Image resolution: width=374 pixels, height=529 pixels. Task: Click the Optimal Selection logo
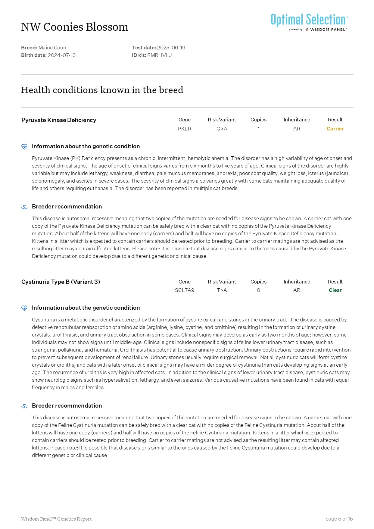click(x=309, y=22)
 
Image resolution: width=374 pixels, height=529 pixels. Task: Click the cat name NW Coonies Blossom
click(x=75, y=27)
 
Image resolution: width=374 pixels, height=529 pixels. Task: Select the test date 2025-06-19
click(x=171, y=48)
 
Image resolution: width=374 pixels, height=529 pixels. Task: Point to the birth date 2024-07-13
click(x=62, y=55)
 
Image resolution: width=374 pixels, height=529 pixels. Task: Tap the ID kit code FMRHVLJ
click(x=159, y=55)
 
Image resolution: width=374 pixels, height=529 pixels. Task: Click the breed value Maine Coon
click(x=52, y=48)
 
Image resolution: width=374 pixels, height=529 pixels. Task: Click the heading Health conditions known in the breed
click(x=102, y=90)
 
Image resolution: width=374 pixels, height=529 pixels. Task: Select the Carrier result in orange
click(x=335, y=129)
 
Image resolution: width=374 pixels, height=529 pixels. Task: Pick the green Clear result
click(x=335, y=290)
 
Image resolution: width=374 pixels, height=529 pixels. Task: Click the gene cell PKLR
click(x=185, y=129)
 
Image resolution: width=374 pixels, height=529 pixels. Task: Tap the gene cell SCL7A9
click(x=185, y=290)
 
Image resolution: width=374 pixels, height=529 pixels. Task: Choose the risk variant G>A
click(x=222, y=129)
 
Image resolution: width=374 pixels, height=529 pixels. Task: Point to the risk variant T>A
click(x=222, y=290)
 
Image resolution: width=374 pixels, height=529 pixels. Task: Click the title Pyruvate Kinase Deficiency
click(x=59, y=120)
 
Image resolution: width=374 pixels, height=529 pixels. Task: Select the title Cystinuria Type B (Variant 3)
click(x=61, y=282)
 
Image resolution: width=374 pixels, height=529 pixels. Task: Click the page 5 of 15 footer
click(x=339, y=519)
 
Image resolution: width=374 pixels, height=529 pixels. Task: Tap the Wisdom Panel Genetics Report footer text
click(x=56, y=519)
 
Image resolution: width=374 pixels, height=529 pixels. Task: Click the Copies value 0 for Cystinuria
click(x=258, y=290)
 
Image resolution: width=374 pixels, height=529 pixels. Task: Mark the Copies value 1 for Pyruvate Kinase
click(x=258, y=129)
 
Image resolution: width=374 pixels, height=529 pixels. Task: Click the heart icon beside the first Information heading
click(x=24, y=146)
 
